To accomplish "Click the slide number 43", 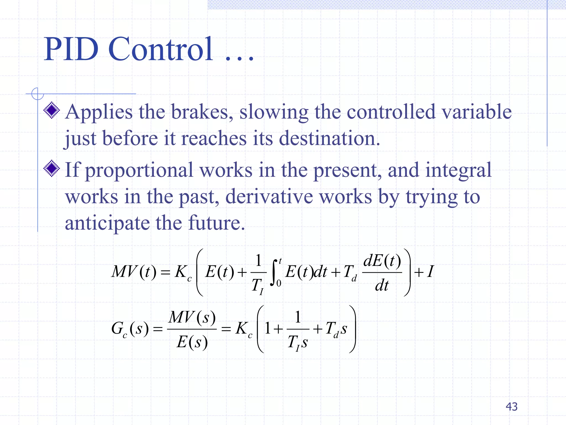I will [511, 406].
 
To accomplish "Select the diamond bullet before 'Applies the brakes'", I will [52, 110].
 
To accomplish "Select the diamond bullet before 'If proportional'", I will [52, 168].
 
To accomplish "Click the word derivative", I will [269, 197].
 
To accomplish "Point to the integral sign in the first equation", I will [274, 273].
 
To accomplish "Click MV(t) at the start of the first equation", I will [134, 272].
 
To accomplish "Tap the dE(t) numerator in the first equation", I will [382, 261].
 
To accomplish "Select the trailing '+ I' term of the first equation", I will [424, 272].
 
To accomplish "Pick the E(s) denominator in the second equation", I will [192, 342].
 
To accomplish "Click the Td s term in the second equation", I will [336, 329].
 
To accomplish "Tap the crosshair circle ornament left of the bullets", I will [38, 94].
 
